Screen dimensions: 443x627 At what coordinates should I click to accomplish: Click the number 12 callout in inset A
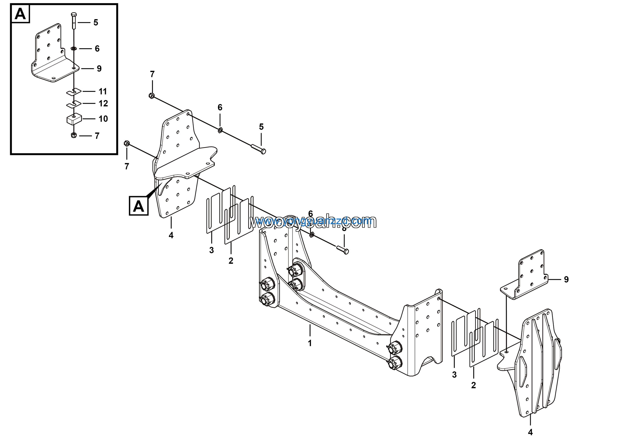(x=103, y=103)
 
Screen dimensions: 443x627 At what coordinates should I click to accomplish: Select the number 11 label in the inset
(x=103, y=91)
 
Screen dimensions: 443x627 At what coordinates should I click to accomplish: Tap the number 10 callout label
(x=103, y=119)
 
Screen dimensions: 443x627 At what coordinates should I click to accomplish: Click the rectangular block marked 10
(x=74, y=119)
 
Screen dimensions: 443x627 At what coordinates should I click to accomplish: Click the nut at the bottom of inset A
(x=73, y=135)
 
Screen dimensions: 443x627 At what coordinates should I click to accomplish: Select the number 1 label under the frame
(x=310, y=343)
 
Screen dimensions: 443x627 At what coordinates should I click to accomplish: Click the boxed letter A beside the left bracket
(x=138, y=206)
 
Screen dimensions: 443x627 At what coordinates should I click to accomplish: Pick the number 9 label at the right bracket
(x=566, y=279)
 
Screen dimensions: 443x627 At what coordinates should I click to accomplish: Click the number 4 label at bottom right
(x=530, y=432)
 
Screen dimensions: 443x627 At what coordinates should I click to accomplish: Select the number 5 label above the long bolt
(x=261, y=127)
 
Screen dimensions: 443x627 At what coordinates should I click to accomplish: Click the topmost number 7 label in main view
(x=152, y=74)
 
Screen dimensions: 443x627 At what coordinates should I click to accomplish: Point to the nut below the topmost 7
(x=152, y=96)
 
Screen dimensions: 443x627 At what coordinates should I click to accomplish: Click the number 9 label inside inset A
(x=99, y=69)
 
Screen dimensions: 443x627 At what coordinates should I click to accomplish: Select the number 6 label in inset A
(x=97, y=49)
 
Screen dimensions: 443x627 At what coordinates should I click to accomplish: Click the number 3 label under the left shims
(x=211, y=250)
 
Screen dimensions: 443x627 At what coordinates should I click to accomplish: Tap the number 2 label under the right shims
(x=473, y=385)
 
